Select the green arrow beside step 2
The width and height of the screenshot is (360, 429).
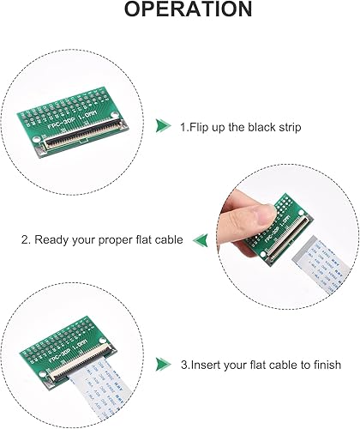[201, 239]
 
